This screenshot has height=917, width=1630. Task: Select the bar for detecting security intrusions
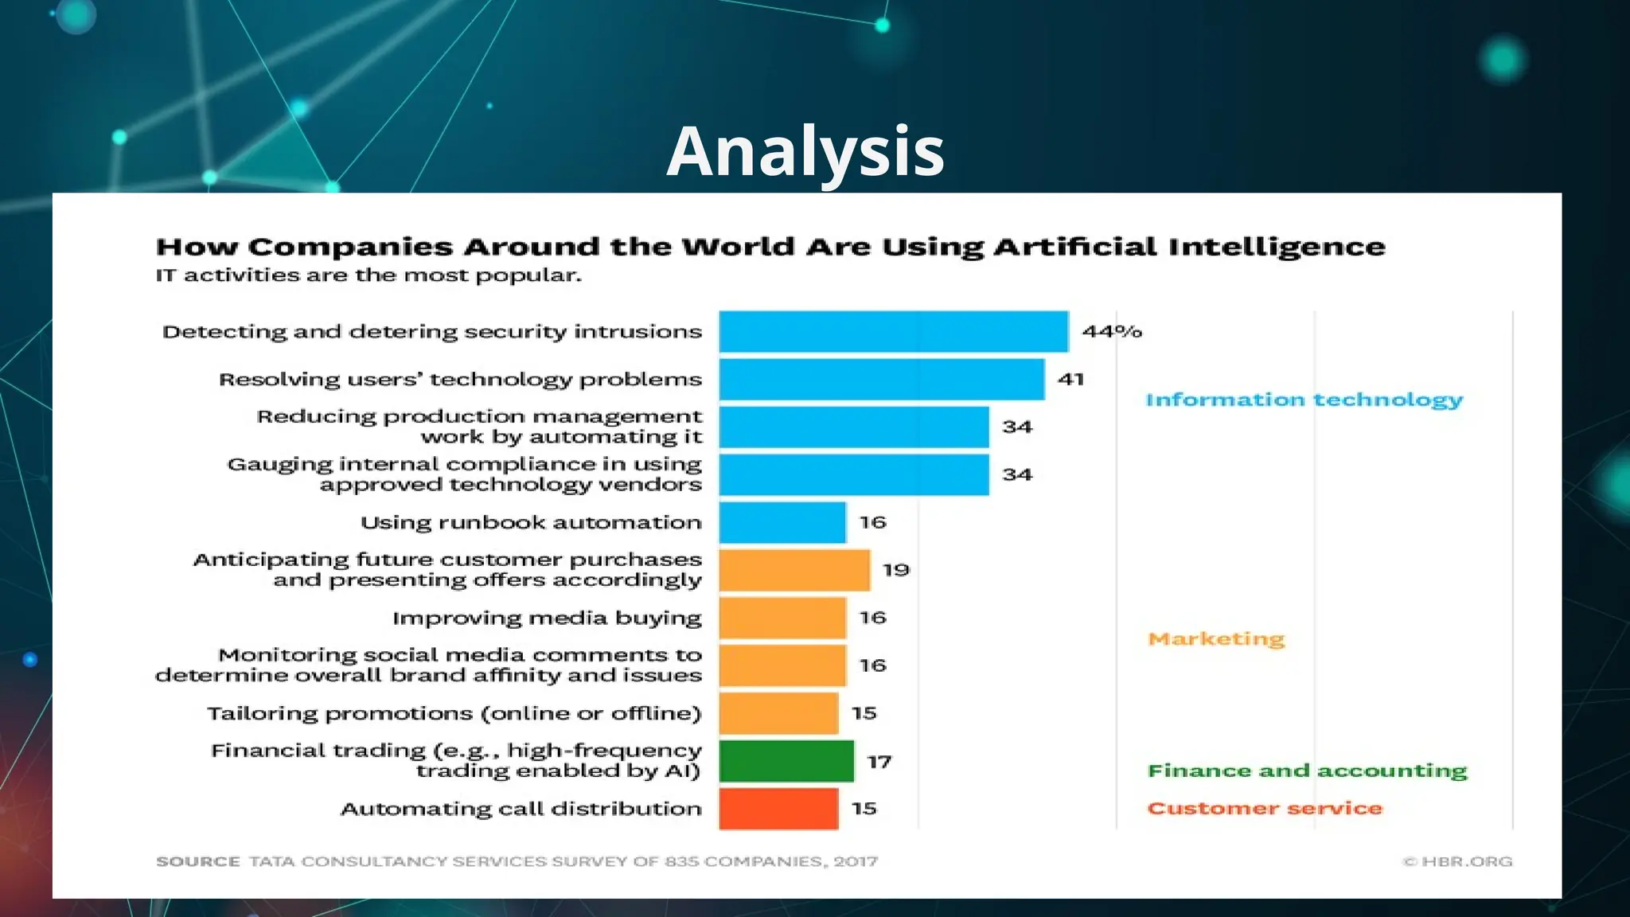click(893, 331)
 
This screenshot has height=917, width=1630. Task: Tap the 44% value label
click(1111, 331)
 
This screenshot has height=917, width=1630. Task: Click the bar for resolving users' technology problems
click(881, 379)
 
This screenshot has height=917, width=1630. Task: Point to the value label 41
click(1070, 379)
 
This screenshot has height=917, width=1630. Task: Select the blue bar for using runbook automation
click(782, 522)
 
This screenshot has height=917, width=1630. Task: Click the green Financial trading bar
click(786, 761)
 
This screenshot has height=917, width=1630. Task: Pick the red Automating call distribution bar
click(778, 809)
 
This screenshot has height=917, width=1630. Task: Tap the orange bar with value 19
click(794, 570)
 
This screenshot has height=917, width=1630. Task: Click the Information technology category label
click(1304, 400)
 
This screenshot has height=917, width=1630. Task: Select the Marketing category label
click(1216, 638)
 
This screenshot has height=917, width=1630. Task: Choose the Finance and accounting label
click(1307, 771)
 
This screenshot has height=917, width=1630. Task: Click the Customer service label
click(1265, 808)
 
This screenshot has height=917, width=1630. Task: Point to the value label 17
click(879, 762)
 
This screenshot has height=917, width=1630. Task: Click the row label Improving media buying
click(547, 618)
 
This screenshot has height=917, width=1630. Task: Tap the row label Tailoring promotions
click(454, 713)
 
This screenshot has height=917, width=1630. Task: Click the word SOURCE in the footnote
click(197, 861)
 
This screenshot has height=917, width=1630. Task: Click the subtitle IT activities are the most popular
click(369, 275)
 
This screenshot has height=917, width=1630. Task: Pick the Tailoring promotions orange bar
click(778, 713)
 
